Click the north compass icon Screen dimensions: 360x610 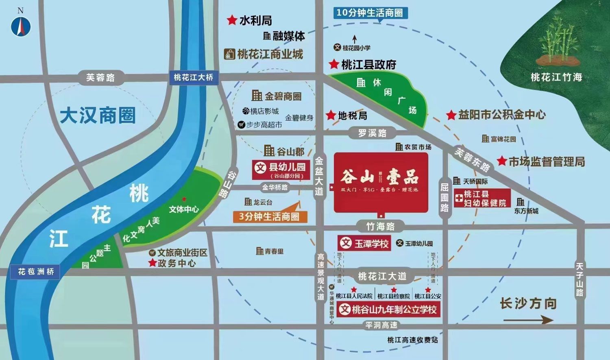coord(21,25)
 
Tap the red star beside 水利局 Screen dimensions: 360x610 coord(232,20)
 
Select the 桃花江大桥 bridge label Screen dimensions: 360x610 coord(193,77)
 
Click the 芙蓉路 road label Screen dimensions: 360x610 coord(100,77)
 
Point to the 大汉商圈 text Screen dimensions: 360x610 coord(98,116)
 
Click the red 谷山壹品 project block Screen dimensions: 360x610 coord(381,182)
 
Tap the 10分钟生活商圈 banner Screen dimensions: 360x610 coord(370,13)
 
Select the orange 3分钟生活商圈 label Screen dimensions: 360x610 coord(269,216)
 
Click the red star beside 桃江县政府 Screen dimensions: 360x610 coord(334,64)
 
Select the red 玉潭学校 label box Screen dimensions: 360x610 coord(364,243)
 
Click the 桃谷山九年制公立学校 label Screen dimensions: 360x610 coord(389,310)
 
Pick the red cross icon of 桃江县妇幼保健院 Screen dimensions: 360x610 coord(459,199)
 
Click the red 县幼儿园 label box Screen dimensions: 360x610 coord(281,170)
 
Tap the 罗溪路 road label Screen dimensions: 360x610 coord(372,133)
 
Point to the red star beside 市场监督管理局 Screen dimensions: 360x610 coord(502,161)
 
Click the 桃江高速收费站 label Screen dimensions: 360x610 coord(412,340)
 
